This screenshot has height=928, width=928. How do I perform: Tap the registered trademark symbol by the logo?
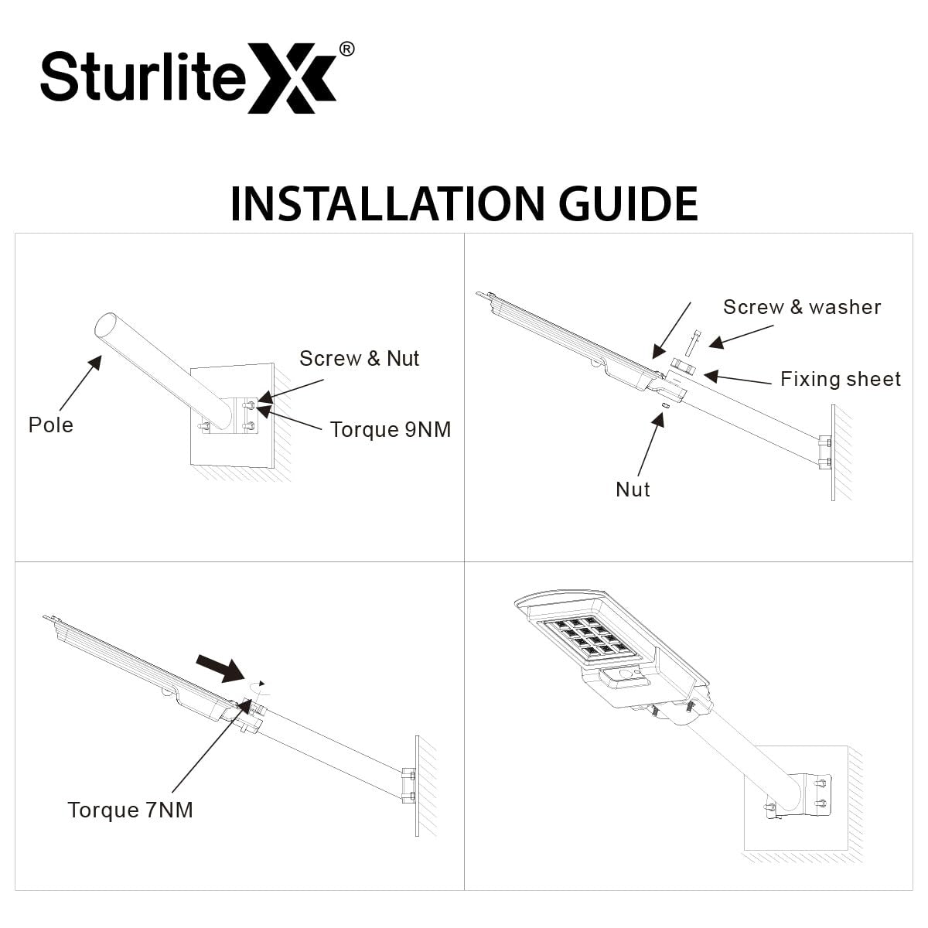click(x=347, y=49)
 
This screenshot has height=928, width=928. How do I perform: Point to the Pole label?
click(x=51, y=425)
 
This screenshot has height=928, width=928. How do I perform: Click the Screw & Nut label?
click(x=359, y=359)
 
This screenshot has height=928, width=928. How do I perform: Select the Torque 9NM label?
click(x=390, y=430)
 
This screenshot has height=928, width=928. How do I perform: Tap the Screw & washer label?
click(x=801, y=307)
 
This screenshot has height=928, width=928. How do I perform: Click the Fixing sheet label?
click(x=840, y=379)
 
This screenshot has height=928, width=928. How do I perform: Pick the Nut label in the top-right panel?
click(x=632, y=490)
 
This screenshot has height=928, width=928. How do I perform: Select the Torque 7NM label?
click(x=130, y=810)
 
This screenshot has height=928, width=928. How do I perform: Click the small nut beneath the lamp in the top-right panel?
click(x=664, y=404)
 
